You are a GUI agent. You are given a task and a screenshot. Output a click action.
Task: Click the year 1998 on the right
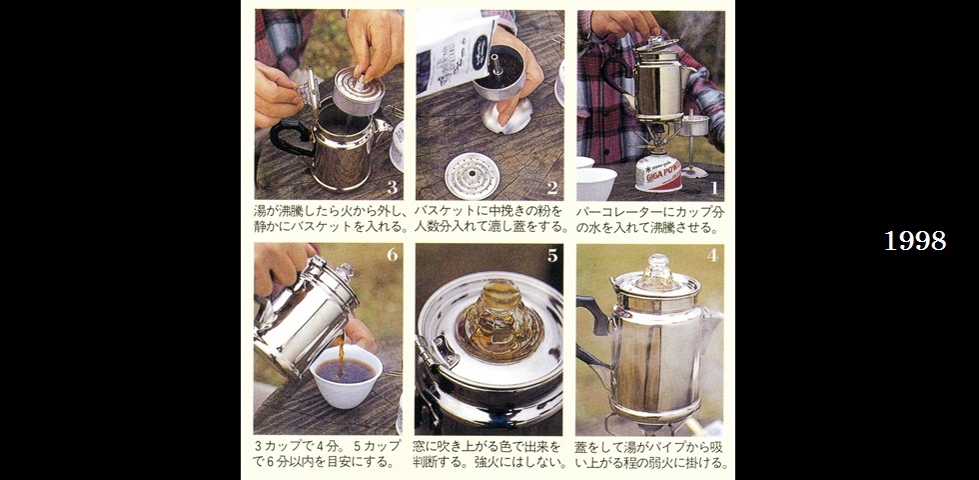pyautogui.click(x=914, y=240)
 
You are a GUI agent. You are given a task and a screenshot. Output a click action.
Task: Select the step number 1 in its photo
pyautogui.click(x=711, y=187)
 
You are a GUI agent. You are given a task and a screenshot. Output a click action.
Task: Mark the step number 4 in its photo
pyautogui.click(x=711, y=255)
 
